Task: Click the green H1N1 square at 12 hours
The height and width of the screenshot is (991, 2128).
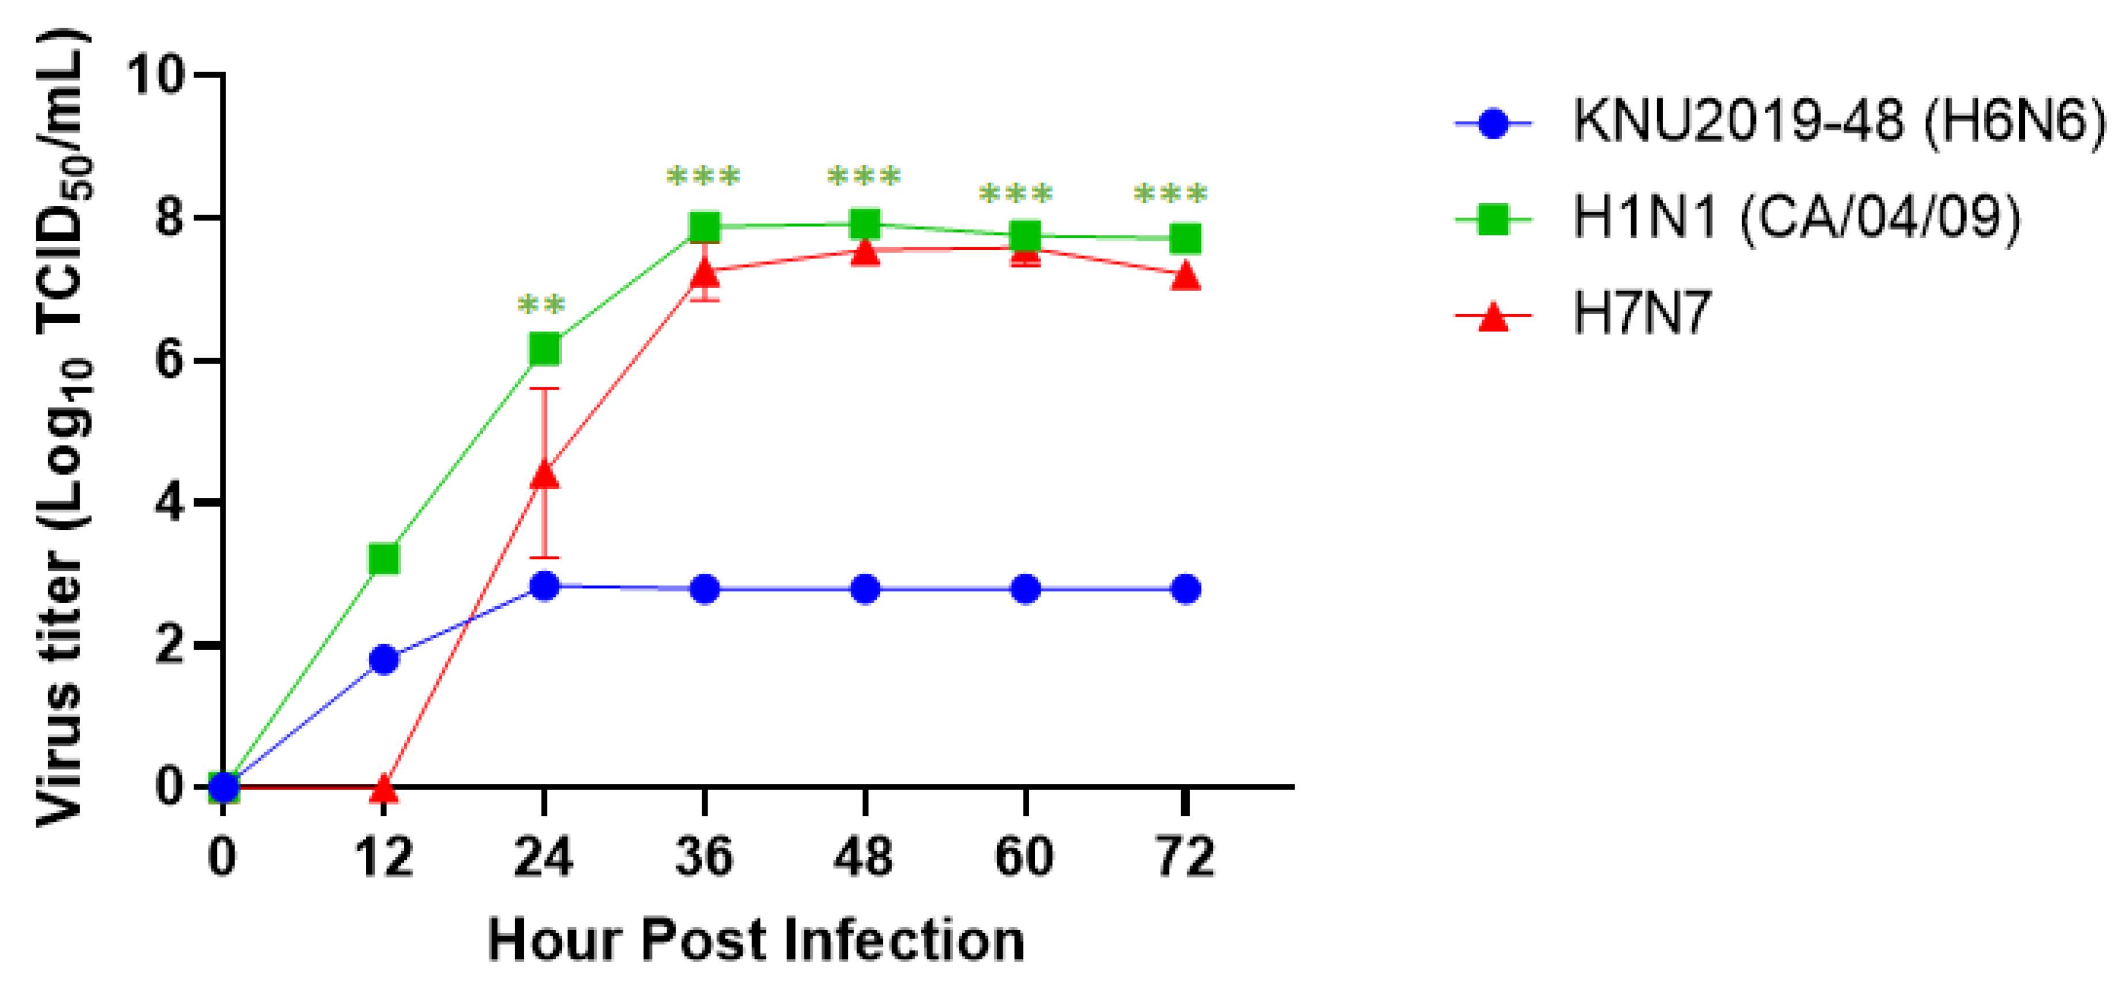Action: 383,559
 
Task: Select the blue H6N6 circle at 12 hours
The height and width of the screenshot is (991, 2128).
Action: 383,659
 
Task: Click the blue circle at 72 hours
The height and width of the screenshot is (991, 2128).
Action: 1185,589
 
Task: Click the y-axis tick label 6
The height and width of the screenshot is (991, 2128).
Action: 169,360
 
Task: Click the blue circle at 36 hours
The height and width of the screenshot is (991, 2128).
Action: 705,589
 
